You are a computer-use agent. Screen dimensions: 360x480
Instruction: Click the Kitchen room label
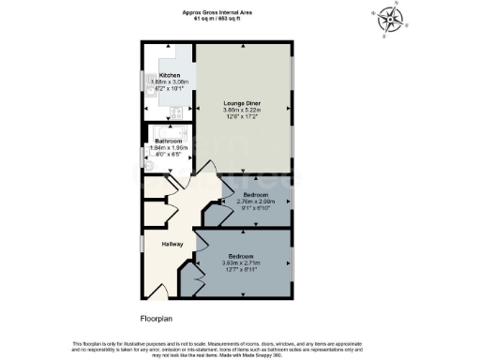click(x=170, y=75)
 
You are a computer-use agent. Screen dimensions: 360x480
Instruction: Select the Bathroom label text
click(x=169, y=141)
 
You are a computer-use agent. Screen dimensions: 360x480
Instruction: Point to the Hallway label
click(x=172, y=244)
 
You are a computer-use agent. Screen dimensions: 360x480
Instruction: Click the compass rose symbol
click(x=387, y=19)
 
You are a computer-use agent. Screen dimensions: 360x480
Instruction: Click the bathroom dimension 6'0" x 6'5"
click(x=169, y=155)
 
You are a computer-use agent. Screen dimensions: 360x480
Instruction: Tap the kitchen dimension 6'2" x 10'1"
click(x=170, y=89)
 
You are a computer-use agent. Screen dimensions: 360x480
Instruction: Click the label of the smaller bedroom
click(x=254, y=194)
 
